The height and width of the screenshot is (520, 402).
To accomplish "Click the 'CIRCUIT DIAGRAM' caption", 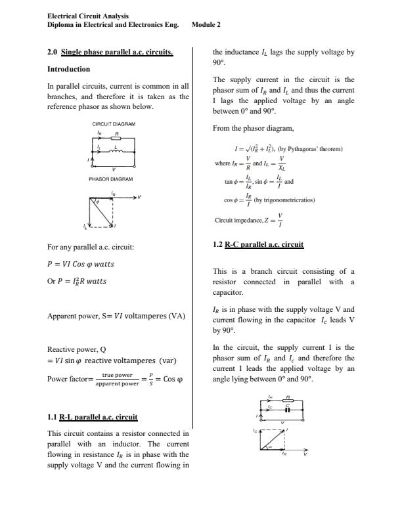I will (x=114, y=123).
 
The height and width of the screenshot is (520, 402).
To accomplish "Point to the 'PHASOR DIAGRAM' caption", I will (x=110, y=179).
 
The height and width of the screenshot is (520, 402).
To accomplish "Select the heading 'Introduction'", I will (x=69, y=69).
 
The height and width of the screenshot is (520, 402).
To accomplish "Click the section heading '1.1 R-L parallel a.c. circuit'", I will (x=93, y=417).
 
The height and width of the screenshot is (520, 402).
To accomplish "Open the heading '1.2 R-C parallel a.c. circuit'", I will (x=258, y=245).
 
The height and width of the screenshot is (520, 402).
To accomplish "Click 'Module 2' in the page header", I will (x=206, y=24).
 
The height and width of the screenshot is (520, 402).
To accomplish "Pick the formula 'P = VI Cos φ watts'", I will (x=81, y=264).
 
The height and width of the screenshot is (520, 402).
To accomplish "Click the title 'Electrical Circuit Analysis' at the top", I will (x=88, y=15).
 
